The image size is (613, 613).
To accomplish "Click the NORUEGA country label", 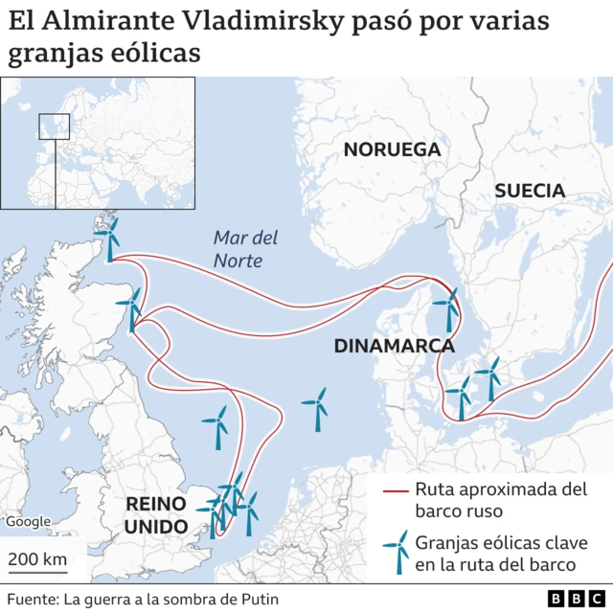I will click(392, 149).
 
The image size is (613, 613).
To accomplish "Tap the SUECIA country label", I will click(530, 191).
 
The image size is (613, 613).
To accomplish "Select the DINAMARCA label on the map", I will click(394, 346).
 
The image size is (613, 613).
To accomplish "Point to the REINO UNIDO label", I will click(156, 515).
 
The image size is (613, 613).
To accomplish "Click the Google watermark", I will click(28, 522).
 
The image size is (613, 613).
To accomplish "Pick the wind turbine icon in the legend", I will click(395, 553).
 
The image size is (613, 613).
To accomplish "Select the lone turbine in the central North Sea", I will click(314, 408).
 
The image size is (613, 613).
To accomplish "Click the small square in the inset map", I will click(55, 126).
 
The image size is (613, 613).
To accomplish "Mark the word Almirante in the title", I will click(116, 20).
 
